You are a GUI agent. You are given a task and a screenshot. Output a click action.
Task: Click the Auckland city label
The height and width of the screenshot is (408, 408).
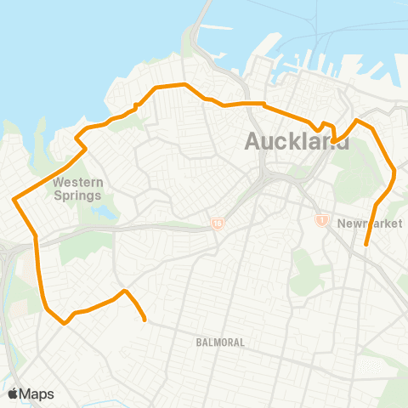coord(297,141)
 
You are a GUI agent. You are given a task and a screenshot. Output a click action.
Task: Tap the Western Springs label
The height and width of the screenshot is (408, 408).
coord(77,190)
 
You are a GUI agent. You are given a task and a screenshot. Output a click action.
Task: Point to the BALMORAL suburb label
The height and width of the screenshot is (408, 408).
coord(219,342)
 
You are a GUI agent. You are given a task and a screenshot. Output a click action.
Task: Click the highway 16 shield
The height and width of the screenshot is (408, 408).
coord(218,224)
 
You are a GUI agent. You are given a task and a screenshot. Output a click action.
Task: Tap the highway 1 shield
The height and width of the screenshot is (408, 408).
coord(322,220)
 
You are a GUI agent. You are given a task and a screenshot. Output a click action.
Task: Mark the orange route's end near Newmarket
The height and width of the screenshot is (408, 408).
coord(365,245)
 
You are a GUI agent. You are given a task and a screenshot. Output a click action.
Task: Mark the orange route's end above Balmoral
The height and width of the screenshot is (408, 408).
coord(145,320)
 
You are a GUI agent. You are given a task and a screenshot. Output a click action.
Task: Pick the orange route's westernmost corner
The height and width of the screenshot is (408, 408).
coord(14,201)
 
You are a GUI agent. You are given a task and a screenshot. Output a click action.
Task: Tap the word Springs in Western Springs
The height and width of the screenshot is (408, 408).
coord(77,196)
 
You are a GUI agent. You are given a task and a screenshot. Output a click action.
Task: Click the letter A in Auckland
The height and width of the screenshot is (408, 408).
coord(253,142)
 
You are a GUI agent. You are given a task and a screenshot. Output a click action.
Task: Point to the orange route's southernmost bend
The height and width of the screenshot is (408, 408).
coord(64,323)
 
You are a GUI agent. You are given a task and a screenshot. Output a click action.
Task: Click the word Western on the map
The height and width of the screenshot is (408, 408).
coord(77,183)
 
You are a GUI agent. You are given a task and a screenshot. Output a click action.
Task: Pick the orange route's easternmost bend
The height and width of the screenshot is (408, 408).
coord(396,174)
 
